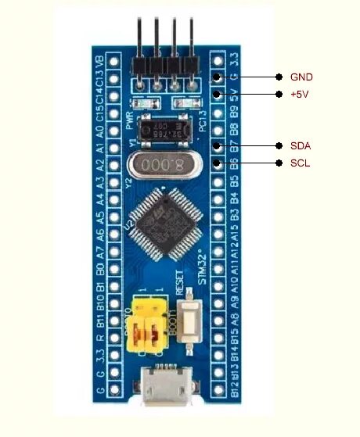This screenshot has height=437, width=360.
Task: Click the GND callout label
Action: pos(301,77)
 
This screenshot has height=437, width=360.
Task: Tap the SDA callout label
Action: pos(301,146)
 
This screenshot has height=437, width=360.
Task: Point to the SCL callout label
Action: pos(300,163)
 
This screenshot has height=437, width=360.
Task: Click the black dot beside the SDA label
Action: pos(279,146)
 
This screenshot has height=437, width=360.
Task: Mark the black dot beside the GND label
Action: pos(279,77)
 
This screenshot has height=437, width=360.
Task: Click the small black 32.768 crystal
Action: pos(167,128)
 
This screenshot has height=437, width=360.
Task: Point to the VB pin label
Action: pos(99,61)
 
